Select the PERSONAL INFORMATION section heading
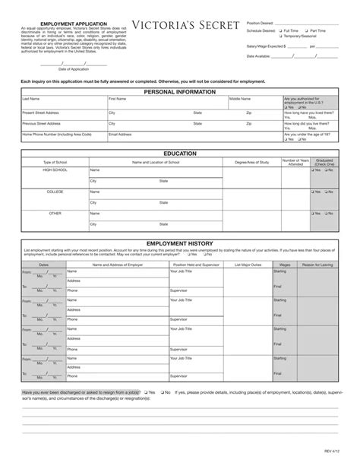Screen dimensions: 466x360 179,91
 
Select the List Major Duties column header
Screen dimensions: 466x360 247,264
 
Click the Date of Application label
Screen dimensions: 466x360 63,68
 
